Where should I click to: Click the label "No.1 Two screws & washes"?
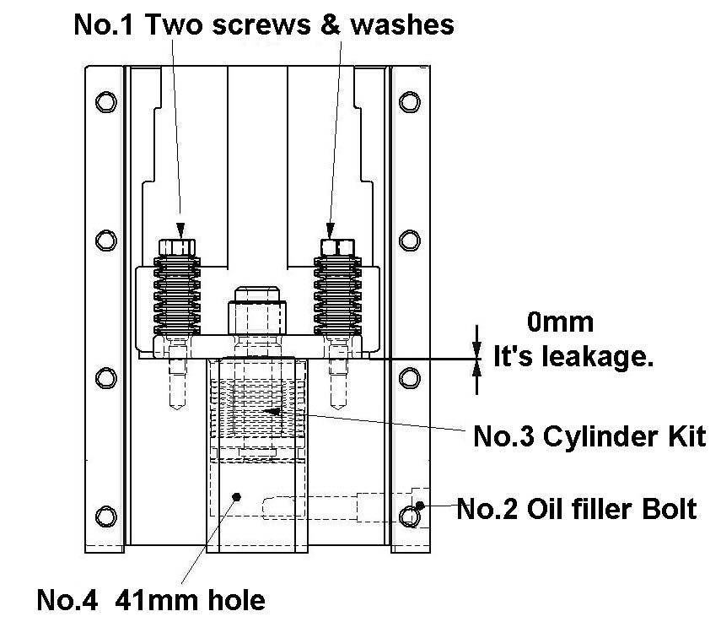(264, 24)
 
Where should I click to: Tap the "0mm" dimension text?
(560, 322)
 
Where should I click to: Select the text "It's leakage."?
(573, 357)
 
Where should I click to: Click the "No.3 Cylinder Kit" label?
(588, 436)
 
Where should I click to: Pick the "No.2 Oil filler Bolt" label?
(577, 509)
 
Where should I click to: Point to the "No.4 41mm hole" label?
(151, 600)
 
